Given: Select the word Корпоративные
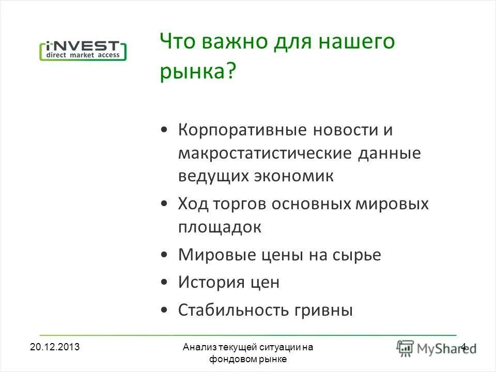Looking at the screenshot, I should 242,130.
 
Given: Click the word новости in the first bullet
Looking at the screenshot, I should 345,130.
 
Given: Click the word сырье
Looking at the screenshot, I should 356,255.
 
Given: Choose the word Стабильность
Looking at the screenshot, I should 234,310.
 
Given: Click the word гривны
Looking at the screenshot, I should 324,310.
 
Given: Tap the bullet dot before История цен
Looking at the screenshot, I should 164,283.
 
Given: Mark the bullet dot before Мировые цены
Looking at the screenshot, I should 164,255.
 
